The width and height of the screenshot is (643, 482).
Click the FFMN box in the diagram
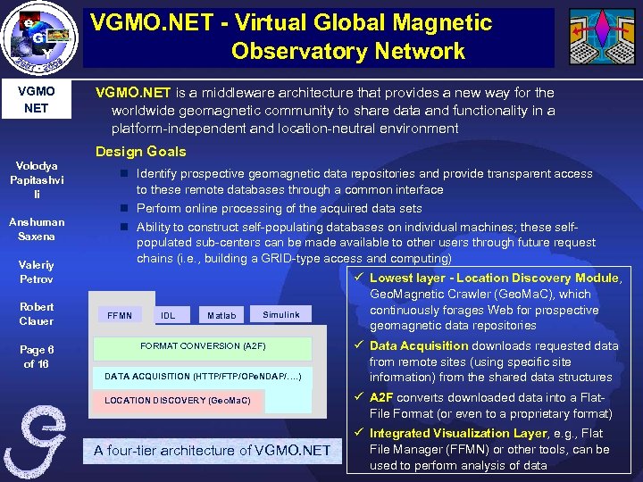click(119, 315)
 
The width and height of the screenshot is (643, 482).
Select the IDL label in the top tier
click(168, 315)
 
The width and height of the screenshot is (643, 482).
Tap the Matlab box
click(221, 315)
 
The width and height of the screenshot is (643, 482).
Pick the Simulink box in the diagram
click(281, 314)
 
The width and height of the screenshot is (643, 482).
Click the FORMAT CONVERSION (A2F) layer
click(203, 346)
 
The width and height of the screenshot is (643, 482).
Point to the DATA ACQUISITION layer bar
click(203, 377)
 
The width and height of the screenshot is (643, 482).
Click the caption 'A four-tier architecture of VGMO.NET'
click(212, 451)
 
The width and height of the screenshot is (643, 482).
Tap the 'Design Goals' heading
click(140, 151)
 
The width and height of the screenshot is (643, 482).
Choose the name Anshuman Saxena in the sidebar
click(36, 229)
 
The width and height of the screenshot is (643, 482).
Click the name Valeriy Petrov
click(36, 272)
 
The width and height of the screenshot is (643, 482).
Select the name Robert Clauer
click(36, 314)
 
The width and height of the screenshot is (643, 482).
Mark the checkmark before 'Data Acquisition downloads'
click(357, 345)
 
